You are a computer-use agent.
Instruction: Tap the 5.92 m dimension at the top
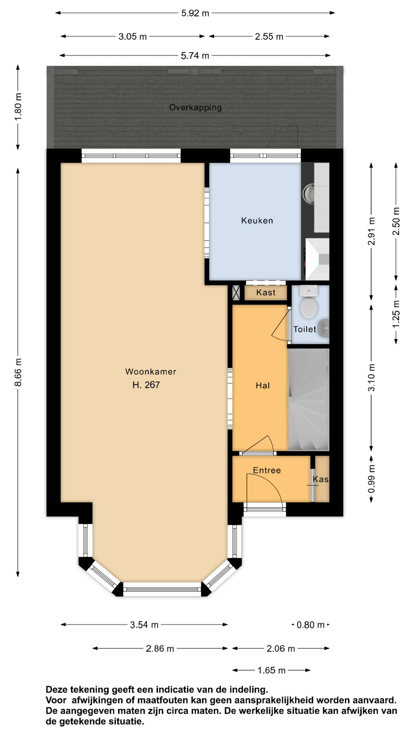(195, 13)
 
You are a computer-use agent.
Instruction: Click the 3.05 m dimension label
(133, 37)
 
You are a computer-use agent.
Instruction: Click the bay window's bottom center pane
(162, 589)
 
